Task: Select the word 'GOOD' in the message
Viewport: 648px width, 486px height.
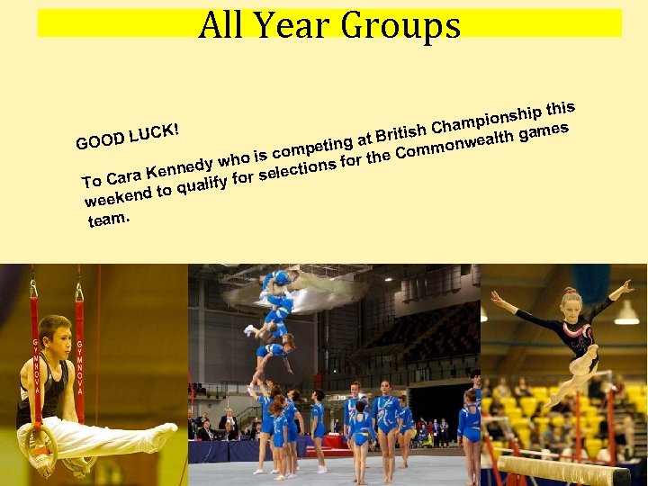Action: click(100, 140)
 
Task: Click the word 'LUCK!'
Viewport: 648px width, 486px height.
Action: click(155, 132)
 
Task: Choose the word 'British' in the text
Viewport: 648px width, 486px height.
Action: click(400, 134)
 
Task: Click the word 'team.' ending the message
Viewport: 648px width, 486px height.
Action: click(108, 218)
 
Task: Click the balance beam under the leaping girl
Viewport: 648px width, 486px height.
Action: click(562, 470)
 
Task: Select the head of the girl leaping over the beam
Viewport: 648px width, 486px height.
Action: click(571, 301)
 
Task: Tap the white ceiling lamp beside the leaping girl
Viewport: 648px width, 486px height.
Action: click(627, 313)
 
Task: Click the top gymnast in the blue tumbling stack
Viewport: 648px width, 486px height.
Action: click(277, 280)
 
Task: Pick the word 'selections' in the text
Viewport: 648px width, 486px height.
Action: click(297, 167)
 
